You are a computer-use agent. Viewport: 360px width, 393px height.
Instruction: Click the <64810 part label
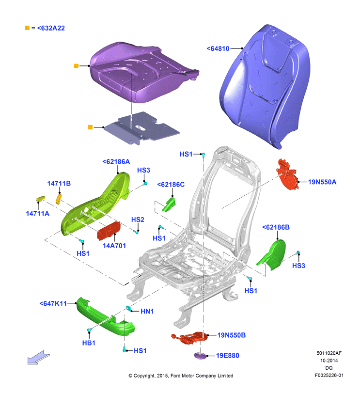tap(218, 48)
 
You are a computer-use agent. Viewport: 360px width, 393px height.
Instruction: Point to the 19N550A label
tap(322, 182)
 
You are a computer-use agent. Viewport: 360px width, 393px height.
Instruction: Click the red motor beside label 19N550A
tap(287, 174)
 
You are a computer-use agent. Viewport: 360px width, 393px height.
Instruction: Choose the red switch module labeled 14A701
tap(109, 230)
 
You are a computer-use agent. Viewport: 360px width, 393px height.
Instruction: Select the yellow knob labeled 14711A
tap(41, 199)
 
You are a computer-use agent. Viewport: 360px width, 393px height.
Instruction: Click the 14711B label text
tap(59, 184)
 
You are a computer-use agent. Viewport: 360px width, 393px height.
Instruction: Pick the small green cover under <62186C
tap(169, 204)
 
